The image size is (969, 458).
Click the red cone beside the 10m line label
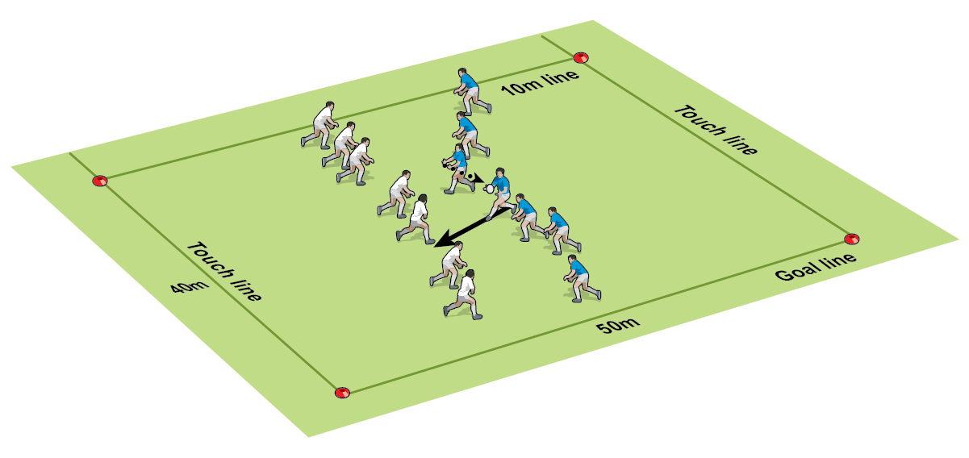click(x=581, y=57)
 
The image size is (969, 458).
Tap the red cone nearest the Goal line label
click(x=852, y=239)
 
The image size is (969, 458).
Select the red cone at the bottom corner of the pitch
click(x=342, y=392)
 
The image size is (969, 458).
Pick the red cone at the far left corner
click(x=100, y=181)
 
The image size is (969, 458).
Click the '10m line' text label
click(x=540, y=82)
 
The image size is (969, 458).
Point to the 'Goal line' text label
click(x=816, y=266)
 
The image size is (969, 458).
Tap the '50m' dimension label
click(x=618, y=325)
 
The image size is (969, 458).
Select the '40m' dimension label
click(x=190, y=287)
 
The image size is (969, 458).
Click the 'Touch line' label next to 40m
click(x=224, y=271)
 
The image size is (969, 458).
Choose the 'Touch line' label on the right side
click(x=716, y=130)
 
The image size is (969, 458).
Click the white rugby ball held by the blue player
click(x=489, y=189)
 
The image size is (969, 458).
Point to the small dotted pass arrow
click(x=475, y=178)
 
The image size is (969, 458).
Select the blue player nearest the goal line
click(x=582, y=278)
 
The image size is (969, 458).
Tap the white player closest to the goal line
click(x=463, y=294)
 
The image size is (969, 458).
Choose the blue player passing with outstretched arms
click(x=458, y=169)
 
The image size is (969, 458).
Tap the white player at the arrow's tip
click(x=449, y=265)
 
